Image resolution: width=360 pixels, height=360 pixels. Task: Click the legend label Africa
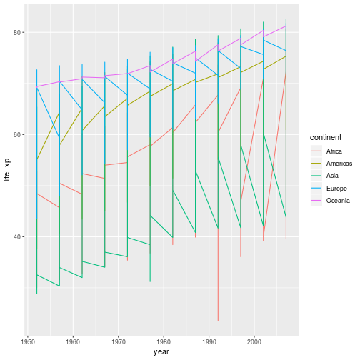point(334,151)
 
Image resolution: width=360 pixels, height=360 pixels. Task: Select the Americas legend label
point(338,164)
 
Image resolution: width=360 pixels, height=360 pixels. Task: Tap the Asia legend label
point(332,176)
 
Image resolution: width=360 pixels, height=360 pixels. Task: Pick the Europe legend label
point(336,189)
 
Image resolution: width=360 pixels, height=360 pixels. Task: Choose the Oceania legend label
point(337,201)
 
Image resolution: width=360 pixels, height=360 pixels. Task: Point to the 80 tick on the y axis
point(17,33)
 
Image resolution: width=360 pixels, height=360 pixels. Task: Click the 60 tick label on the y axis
point(17,135)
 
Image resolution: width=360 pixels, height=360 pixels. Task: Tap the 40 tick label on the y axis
point(17,237)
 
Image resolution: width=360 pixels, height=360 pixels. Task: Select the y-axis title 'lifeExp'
point(7,169)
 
